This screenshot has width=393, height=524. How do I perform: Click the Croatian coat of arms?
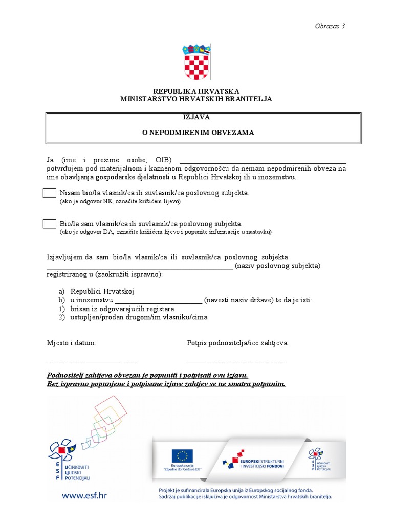point(196,62)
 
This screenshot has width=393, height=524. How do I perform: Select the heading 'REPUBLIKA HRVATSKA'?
point(196,91)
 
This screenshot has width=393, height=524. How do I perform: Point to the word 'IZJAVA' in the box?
point(196,117)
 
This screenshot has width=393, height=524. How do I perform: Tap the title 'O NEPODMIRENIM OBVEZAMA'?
point(198,132)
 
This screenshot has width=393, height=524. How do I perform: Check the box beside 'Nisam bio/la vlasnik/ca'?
point(50,193)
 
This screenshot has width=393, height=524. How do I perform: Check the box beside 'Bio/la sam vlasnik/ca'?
point(50,224)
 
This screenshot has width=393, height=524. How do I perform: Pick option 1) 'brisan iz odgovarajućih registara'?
point(122,309)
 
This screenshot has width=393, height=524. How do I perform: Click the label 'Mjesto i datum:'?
point(71,342)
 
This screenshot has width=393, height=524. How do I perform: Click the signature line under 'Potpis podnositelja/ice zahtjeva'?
point(236,362)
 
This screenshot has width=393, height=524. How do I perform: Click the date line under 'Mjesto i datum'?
point(92,362)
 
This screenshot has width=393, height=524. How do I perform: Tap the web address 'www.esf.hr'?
point(85,495)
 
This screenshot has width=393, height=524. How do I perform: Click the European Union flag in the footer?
point(182,455)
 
